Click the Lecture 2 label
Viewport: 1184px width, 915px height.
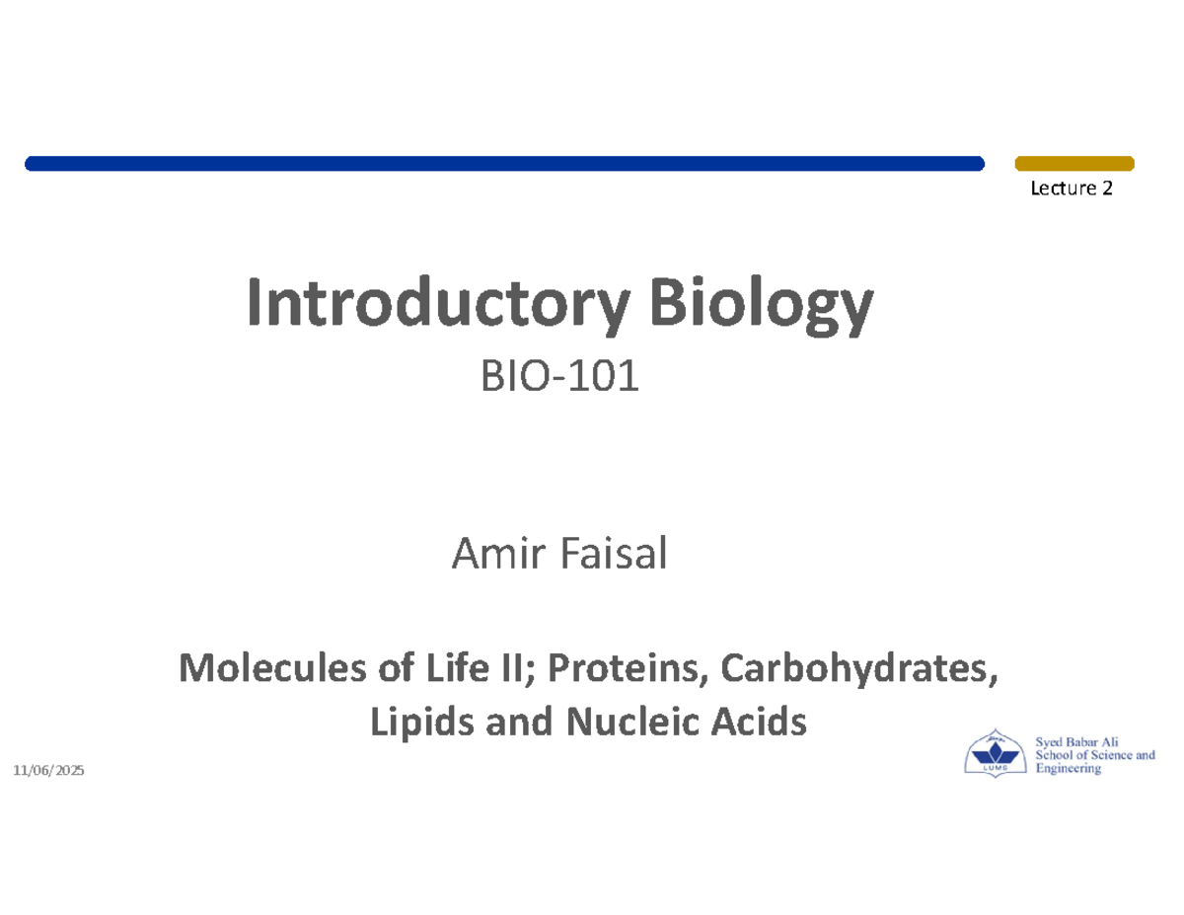1072,189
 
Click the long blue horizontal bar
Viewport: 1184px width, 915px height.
504,163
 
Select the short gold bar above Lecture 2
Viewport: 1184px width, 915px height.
1074,163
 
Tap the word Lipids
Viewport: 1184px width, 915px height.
406,725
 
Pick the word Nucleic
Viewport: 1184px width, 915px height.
612,725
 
